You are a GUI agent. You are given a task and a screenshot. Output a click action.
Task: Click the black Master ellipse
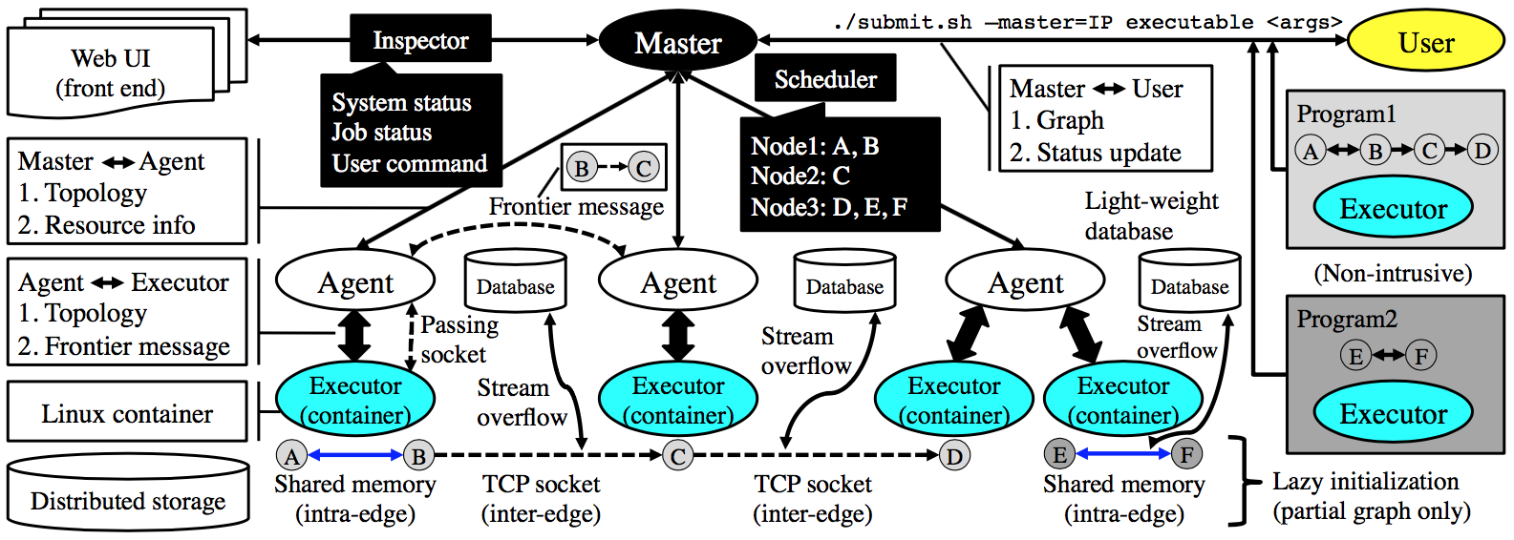coord(678,42)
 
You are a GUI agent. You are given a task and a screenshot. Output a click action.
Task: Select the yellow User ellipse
coord(1426,42)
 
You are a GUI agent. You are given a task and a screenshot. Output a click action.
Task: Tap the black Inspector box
coord(420,39)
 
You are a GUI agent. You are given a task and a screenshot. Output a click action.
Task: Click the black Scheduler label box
coord(825,78)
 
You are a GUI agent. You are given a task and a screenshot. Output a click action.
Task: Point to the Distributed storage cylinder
coord(128,491)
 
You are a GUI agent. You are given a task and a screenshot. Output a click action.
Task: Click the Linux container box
coord(127,412)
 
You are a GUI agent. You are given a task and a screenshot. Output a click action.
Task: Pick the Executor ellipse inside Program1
coord(1393,208)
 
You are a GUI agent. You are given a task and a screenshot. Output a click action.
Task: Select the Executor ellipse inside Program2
coord(1393,412)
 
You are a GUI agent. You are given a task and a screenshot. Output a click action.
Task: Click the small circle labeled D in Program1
coord(1482,150)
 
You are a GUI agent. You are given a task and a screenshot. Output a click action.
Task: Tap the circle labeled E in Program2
coord(1355,355)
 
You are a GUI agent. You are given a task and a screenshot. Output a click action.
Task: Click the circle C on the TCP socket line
coord(677,456)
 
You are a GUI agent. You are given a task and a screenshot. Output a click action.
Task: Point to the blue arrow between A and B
coord(355,455)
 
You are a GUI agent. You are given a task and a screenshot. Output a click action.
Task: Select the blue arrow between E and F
coord(1122,454)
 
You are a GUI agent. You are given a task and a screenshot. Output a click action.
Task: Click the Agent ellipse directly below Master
coord(678,282)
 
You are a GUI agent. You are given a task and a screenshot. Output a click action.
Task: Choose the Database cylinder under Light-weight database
coord(1189,280)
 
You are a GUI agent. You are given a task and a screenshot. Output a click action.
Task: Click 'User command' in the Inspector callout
coord(409,163)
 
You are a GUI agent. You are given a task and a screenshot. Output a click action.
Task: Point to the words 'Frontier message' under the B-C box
coord(576,206)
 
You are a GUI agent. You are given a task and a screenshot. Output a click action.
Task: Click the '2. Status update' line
coord(1095,152)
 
